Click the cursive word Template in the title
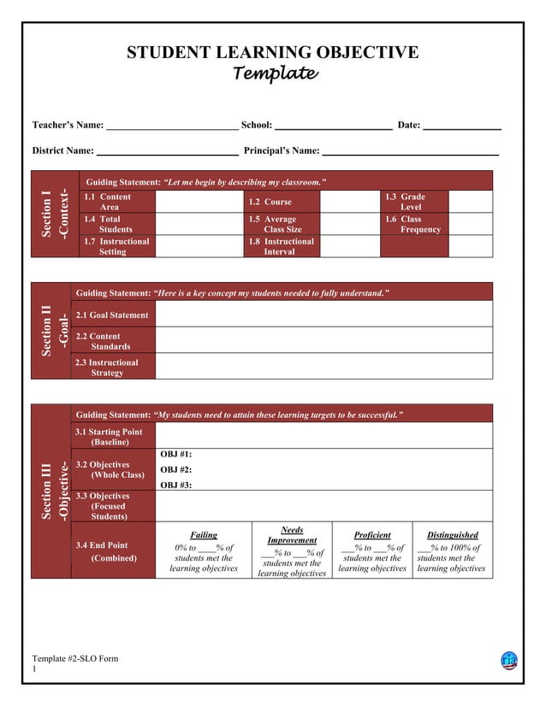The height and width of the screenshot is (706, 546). [x=276, y=74]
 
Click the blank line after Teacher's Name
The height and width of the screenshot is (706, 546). [x=172, y=126]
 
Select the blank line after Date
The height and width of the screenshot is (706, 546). [x=462, y=126]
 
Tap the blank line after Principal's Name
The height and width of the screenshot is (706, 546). [x=410, y=151]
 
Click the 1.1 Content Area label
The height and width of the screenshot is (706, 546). [x=107, y=202]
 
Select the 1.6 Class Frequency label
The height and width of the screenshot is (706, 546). [x=412, y=224]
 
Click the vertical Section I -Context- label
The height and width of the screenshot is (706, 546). [x=54, y=214]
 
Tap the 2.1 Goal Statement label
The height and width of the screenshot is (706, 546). [x=112, y=315]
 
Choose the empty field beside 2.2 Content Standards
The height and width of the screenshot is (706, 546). [x=323, y=341]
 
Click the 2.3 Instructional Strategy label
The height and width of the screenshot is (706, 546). [x=107, y=368]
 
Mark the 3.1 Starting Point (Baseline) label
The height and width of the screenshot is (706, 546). [x=109, y=437]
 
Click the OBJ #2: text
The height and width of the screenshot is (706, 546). [x=175, y=470]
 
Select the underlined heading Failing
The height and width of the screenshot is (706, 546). [x=203, y=535]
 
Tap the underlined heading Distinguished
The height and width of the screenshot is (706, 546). [x=453, y=535]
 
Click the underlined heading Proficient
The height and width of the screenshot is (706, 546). [x=372, y=535]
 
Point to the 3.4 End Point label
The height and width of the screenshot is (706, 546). [x=102, y=545]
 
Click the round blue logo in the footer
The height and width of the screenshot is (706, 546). [x=509, y=661]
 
